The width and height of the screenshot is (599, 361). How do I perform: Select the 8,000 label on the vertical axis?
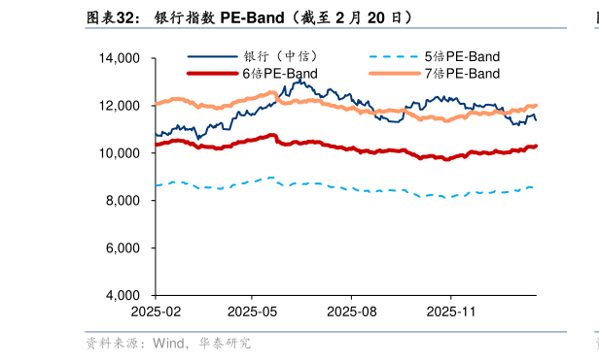(x=123, y=201)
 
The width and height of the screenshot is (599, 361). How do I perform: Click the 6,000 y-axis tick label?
(x=123, y=248)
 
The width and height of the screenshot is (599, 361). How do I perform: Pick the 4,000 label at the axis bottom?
(x=123, y=295)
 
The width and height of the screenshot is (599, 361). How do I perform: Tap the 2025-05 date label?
(x=252, y=312)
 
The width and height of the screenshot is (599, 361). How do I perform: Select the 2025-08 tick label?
(x=351, y=312)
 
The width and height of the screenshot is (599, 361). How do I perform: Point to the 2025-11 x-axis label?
(x=450, y=312)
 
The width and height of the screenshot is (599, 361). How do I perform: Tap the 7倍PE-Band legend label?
(x=462, y=74)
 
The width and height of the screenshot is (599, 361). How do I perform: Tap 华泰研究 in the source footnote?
(x=226, y=343)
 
